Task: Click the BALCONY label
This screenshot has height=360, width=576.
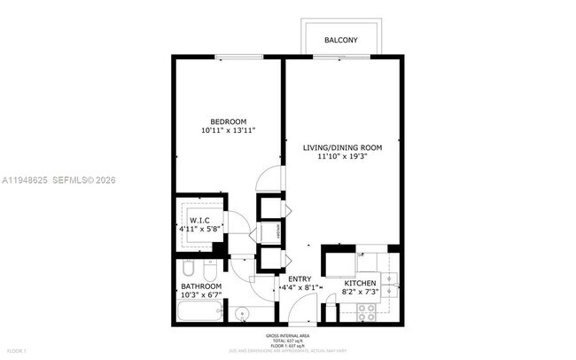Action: (x=341, y=41)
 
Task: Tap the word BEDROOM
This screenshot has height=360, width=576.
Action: (x=228, y=121)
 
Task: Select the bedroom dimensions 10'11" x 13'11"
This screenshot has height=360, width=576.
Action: (x=228, y=131)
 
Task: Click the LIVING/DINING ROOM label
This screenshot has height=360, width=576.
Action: (x=342, y=147)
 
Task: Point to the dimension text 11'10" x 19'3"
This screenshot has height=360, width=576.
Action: (x=342, y=157)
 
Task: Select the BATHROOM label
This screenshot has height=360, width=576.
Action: (x=200, y=286)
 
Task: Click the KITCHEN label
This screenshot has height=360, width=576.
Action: (x=360, y=284)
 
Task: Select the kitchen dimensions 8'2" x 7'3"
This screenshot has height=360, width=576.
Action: (x=360, y=293)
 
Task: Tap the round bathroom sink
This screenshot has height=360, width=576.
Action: (x=242, y=312)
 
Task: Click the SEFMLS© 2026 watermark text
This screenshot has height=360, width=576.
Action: (x=84, y=180)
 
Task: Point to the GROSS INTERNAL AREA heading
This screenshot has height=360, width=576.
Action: (x=288, y=335)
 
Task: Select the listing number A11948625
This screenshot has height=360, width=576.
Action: (x=27, y=180)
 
